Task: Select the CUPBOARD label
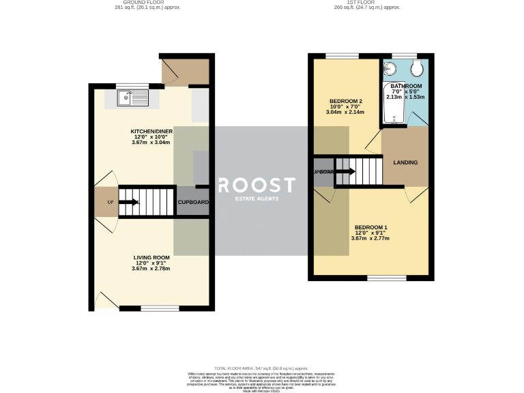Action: [193, 202]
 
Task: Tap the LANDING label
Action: [405, 162]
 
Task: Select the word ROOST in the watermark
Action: [256, 185]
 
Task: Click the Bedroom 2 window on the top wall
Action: [337, 55]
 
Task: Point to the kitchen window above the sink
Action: [128, 85]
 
